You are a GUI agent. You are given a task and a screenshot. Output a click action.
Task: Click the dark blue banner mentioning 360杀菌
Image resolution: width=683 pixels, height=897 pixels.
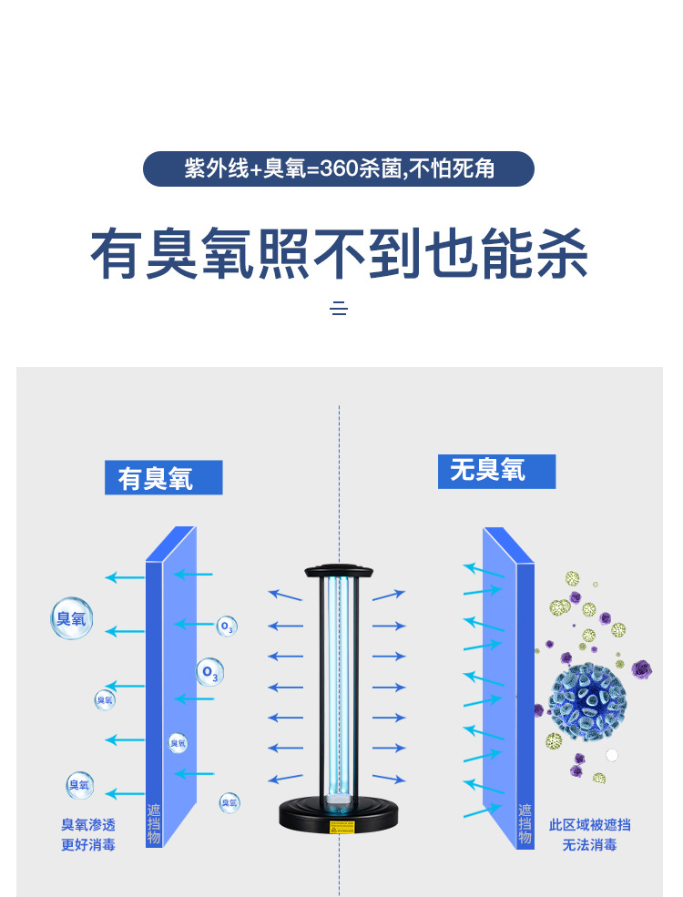(x=339, y=169)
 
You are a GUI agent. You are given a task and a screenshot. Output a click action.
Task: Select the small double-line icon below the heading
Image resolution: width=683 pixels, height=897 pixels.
(x=339, y=309)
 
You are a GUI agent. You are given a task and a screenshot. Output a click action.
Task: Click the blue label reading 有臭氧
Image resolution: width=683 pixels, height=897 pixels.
(x=163, y=478)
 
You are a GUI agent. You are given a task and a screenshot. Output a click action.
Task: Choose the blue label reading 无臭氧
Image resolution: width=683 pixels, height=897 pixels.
(x=495, y=471)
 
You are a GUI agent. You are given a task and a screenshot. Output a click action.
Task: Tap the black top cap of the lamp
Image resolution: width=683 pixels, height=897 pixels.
(x=339, y=572)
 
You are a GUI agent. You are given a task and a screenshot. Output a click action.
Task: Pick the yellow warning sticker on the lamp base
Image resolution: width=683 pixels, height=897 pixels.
(x=339, y=831)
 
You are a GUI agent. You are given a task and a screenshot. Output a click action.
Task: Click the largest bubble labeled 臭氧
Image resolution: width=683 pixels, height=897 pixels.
(x=71, y=618)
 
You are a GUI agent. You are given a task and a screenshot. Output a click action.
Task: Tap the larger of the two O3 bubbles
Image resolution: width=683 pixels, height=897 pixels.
(x=210, y=673)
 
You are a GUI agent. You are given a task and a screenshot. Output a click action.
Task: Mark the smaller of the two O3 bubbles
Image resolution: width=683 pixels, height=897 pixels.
(x=227, y=627)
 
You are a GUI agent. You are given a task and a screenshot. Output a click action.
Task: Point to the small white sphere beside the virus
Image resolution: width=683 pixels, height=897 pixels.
(x=612, y=755)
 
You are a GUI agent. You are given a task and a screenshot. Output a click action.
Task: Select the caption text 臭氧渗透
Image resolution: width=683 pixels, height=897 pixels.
(x=88, y=824)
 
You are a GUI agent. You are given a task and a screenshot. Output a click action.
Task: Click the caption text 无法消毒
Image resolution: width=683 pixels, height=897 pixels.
(x=589, y=844)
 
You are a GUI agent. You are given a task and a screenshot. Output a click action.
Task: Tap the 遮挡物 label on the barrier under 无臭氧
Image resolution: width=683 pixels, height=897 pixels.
(x=525, y=824)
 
